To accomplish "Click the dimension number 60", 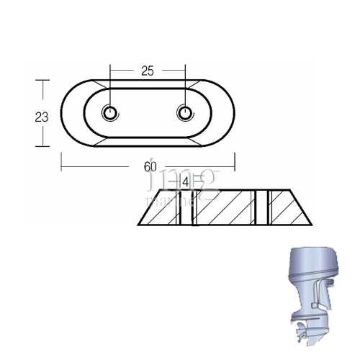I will (x=150, y=166).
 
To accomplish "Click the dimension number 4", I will (x=186, y=183).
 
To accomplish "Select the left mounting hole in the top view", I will (x=110, y=113).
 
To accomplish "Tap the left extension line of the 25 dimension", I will (x=110, y=86).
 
